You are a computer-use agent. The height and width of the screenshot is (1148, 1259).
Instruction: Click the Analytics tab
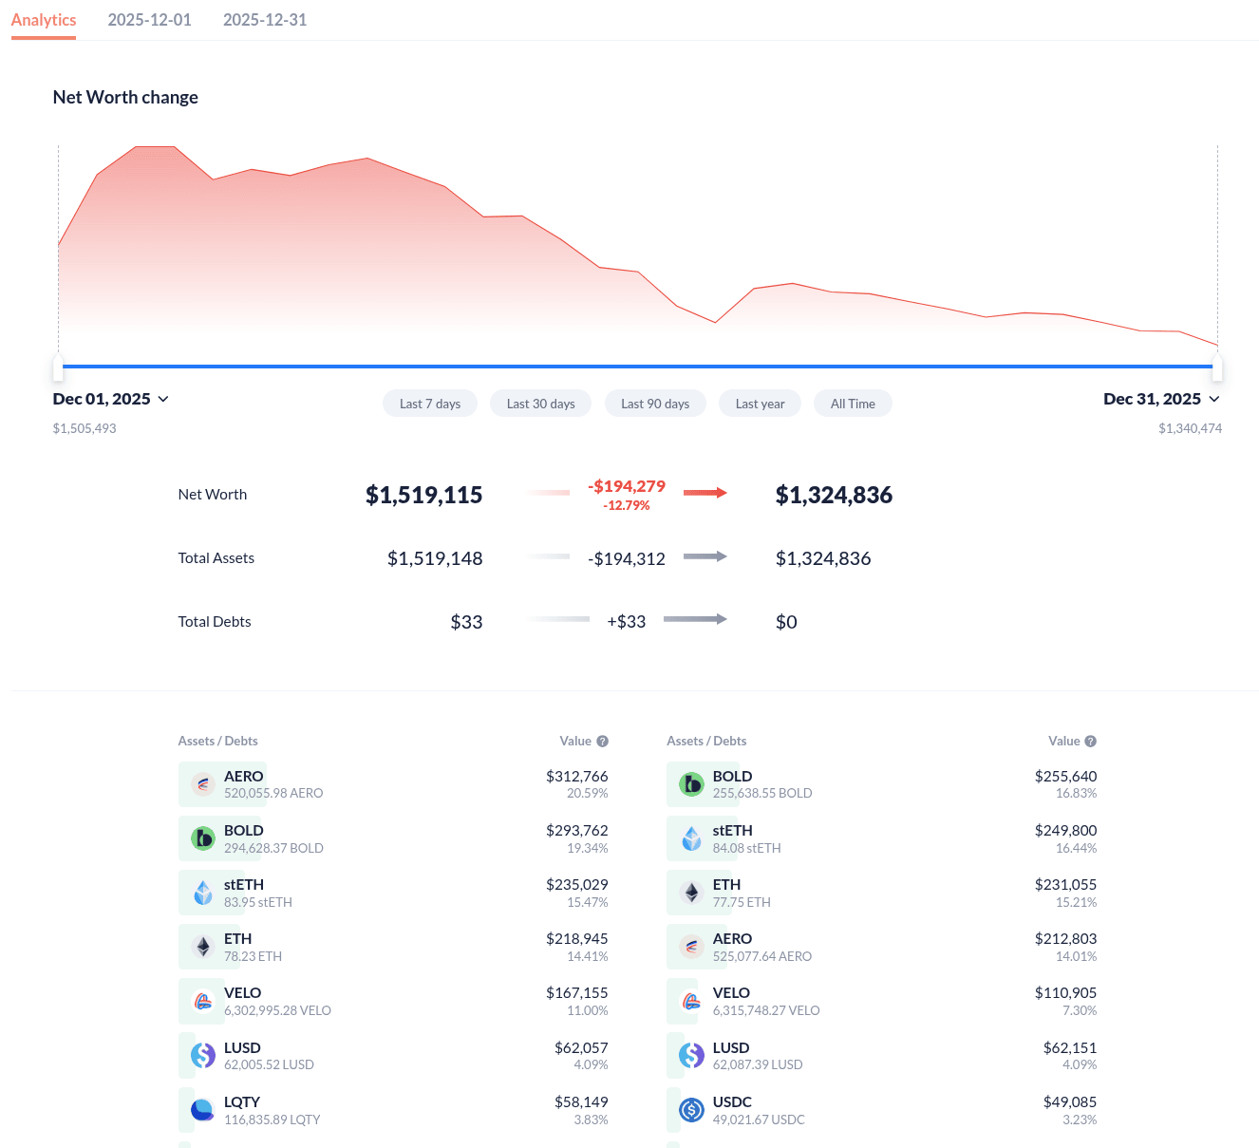coord(44,20)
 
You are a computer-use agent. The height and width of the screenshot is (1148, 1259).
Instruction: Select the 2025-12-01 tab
coord(149,20)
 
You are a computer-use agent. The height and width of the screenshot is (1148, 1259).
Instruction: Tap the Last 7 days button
coord(430,404)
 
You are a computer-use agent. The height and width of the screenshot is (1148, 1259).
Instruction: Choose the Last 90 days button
coord(655,404)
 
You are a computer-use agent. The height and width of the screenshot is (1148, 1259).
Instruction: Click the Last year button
coord(760,404)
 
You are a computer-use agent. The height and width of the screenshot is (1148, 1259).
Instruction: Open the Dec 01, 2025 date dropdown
coord(111,399)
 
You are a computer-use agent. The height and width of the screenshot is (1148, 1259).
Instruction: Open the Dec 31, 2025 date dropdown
coord(1161,399)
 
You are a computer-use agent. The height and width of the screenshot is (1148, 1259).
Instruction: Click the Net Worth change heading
coord(125,97)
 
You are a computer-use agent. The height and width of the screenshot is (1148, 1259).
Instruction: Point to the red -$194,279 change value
coord(627,486)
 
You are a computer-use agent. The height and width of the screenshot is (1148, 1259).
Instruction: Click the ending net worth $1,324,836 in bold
coord(834,495)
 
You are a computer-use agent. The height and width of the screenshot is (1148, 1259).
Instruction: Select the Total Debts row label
coord(215,622)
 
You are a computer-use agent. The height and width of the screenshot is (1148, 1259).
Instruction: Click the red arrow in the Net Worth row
coord(705,493)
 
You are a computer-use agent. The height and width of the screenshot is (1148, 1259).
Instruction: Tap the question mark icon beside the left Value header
coord(603,742)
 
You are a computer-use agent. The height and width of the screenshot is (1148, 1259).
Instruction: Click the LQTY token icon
coord(203,1110)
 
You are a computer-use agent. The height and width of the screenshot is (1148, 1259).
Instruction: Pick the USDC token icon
coord(692,1110)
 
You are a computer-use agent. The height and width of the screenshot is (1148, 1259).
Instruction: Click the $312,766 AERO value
coord(576,777)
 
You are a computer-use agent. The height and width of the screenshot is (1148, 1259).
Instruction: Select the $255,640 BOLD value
coord(1065,777)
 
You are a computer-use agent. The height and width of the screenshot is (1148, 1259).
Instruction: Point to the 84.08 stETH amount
coord(746,848)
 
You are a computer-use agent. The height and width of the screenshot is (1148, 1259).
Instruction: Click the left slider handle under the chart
coord(58,367)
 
